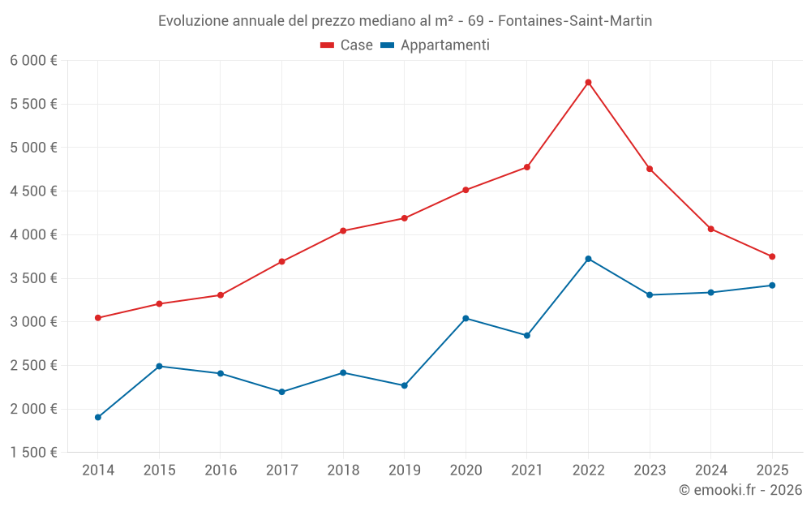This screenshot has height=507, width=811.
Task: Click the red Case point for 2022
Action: tap(588, 82)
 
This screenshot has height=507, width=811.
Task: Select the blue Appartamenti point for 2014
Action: tap(97, 417)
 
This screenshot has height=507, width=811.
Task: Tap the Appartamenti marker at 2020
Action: tap(466, 318)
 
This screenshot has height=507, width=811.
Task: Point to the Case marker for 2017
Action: tap(281, 261)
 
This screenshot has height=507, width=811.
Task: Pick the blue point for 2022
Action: tap(588, 259)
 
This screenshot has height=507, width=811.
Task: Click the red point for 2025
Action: tap(772, 256)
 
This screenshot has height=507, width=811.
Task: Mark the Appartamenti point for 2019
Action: tap(404, 385)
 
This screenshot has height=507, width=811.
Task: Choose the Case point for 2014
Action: tap(97, 318)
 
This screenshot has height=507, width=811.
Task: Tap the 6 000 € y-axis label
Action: tap(33, 61)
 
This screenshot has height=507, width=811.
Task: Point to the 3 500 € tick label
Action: tap(33, 278)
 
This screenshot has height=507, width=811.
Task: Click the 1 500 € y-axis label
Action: tap(33, 453)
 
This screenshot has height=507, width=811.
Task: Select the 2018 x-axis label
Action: tap(343, 470)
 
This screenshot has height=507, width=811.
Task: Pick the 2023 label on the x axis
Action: tap(650, 470)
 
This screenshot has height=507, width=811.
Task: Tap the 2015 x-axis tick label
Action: tap(159, 470)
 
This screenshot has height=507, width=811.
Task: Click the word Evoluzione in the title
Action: tap(193, 21)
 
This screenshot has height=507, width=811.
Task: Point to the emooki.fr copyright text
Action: tap(740, 490)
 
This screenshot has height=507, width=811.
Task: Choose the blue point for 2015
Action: tap(159, 366)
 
